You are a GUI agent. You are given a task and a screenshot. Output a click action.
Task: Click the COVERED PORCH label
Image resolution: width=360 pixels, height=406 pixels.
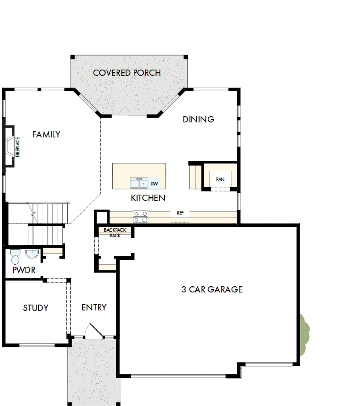coord(127,73)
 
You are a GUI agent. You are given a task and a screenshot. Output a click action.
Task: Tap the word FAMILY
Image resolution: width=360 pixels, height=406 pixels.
coord(46,135)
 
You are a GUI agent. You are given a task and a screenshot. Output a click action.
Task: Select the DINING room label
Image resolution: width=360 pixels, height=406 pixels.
coord(198,119)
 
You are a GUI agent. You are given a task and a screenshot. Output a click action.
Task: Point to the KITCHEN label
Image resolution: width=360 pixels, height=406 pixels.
coord(148,198)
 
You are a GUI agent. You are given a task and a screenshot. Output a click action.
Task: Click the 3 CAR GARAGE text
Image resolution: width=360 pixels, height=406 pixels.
coord(212,289)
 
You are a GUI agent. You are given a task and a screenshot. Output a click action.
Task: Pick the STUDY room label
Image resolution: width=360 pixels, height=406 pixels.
coord(36,308)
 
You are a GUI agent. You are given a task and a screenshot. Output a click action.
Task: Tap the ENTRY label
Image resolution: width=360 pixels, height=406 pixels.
coord(94,307)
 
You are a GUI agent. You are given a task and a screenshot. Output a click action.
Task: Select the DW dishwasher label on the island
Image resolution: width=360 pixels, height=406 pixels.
coord(154,184)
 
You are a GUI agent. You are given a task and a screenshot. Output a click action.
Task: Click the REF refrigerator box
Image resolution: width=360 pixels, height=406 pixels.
coord(180,213)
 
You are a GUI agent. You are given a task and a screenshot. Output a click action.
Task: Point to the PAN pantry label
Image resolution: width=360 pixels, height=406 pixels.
coord(220,180)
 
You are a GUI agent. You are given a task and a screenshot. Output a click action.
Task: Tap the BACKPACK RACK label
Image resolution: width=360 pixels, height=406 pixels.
coord(115,233)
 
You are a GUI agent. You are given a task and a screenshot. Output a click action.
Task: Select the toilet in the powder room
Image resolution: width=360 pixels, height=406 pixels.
coord(15,255)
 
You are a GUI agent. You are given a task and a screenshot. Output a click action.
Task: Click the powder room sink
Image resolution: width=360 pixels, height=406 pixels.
coord(32,254)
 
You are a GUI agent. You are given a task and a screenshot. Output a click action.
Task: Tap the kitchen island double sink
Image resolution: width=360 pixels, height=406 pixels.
coord(138,183)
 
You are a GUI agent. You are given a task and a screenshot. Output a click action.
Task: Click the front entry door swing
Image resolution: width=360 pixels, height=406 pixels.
coord(92,331)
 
